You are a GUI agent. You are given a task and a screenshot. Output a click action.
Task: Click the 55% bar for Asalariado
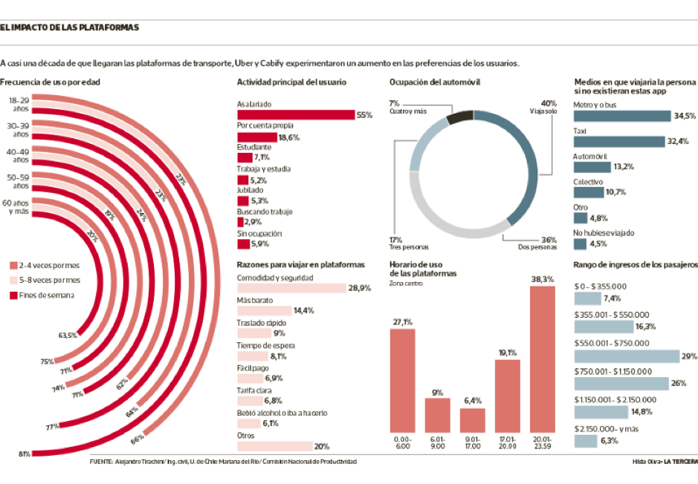click(x=295, y=115)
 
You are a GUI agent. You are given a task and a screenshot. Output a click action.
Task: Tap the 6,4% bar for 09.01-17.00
click(x=472, y=420)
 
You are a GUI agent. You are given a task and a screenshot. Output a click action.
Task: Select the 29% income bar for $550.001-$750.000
click(x=626, y=356)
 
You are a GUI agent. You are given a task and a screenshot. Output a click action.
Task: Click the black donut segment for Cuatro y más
click(x=460, y=115)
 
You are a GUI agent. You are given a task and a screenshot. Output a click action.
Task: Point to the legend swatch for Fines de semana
click(x=13, y=296)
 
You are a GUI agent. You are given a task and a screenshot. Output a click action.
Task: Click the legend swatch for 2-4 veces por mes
click(x=13, y=265)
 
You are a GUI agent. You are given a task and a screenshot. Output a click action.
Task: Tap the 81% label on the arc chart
click(x=25, y=454)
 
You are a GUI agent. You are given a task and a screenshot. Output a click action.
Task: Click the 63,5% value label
click(x=68, y=336)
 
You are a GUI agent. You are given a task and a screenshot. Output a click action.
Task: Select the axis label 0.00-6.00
click(x=402, y=443)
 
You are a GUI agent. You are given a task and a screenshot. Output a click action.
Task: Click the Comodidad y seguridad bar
click(x=291, y=288)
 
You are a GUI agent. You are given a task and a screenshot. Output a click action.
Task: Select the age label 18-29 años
click(x=19, y=103)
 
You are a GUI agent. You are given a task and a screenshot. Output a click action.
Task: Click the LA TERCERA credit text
click(x=679, y=462)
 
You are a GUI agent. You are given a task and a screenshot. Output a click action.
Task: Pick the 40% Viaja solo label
click(x=549, y=107)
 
